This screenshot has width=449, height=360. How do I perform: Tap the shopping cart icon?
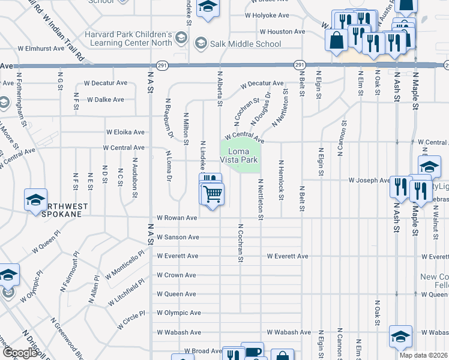[212, 194]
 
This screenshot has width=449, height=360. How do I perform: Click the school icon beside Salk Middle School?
[199, 43]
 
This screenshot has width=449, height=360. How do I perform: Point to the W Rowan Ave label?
[176, 218]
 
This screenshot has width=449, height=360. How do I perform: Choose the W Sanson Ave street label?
[178, 237]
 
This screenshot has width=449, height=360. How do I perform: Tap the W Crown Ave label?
[176, 275]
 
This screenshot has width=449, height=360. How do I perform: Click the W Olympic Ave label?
[178, 313]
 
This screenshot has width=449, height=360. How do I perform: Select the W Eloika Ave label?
[125, 132]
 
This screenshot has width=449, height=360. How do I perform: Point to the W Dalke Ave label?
[105, 100]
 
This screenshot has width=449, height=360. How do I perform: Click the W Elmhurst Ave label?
[41, 48]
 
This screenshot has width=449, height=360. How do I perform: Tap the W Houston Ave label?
[282, 31]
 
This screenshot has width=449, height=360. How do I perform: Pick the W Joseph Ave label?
[370, 180]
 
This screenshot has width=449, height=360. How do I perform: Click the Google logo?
[20, 353]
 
